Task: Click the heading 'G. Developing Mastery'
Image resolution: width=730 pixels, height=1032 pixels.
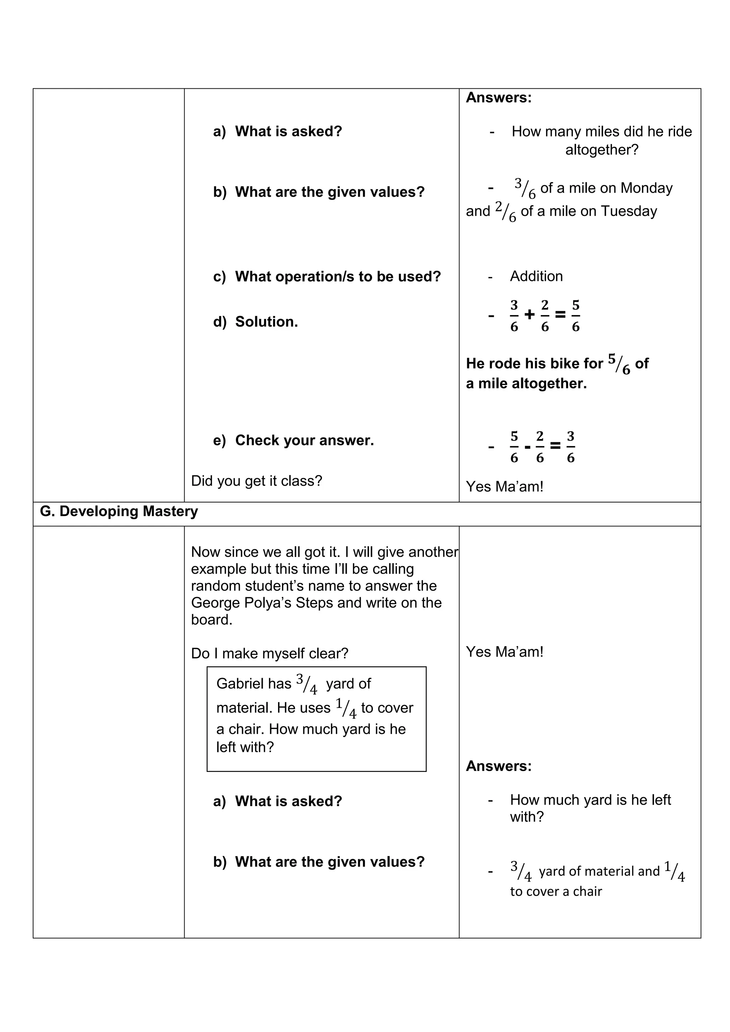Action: (119, 511)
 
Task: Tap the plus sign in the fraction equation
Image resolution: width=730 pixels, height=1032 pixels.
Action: (530, 315)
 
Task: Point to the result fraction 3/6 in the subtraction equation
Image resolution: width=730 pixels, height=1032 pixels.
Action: (570, 447)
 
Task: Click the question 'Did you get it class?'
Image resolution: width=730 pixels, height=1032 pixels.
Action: (256, 481)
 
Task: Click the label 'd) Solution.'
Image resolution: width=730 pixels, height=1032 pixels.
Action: (255, 322)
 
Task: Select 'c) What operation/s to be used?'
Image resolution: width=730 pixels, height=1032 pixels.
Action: (327, 277)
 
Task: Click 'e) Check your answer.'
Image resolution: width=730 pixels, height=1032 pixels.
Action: (293, 440)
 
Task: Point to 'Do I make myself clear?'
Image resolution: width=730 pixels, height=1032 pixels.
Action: (270, 653)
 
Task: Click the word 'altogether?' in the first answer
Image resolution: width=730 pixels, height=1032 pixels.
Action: (601, 150)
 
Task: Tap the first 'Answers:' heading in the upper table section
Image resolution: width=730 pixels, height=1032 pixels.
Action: (499, 98)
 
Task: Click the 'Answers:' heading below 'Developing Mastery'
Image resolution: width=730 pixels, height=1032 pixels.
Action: (499, 766)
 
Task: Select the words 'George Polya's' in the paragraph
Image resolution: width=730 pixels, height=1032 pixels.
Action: (241, 603)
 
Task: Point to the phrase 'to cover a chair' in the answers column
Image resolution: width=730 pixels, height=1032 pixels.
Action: (556, 891)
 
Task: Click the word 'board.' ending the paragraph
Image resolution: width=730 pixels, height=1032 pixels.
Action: (212, 620)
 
